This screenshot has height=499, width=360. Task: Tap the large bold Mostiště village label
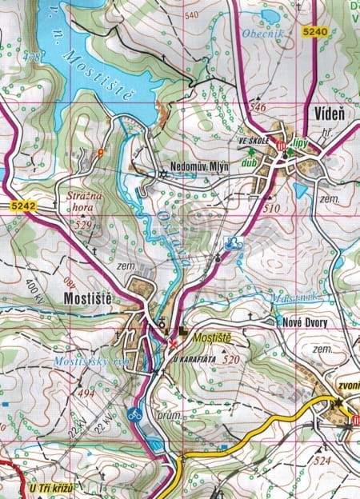tap(86, 298)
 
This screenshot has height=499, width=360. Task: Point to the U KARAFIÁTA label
tap(195, 360)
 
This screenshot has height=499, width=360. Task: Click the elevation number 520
tap(232, 360)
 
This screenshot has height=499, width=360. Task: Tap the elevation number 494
tap(86, 393)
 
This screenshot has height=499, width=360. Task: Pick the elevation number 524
tap(323, 461)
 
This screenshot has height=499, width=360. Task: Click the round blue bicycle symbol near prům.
tap(134, 414)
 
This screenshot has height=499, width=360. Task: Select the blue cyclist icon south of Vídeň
tap(234, 245)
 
